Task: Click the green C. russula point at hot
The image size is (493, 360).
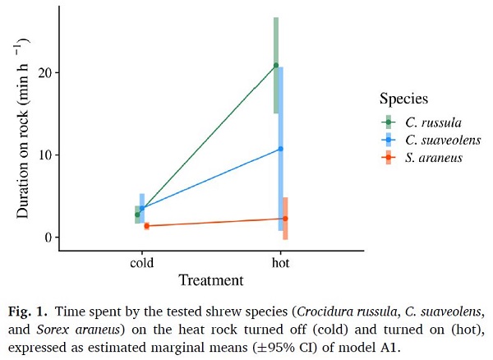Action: coord(276,65)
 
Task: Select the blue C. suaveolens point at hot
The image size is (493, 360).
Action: coord(280,149)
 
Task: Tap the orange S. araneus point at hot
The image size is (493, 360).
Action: coord(285,219)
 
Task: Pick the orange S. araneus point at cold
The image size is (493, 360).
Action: coord(146,225)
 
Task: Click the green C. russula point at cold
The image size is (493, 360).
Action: coord(137,215)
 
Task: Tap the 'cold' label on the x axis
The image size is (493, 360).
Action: coord(141,264)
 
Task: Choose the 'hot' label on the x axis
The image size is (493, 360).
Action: coord(280,264)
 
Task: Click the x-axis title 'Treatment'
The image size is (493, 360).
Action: coord(210,280)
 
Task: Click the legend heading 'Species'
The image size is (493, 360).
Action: coord(403,99)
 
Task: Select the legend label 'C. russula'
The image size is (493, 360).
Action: coord(431,122)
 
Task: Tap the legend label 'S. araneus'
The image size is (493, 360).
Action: coord(432,158)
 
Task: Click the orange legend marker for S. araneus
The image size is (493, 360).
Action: coord(388,158)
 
